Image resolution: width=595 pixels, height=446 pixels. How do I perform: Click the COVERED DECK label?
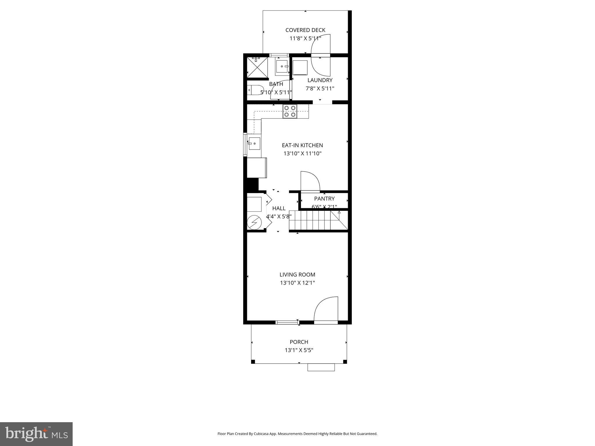pos(305,30)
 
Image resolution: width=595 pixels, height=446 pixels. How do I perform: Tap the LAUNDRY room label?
pos(320,80)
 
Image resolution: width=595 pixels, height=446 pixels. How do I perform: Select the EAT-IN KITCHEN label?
pos(302,145)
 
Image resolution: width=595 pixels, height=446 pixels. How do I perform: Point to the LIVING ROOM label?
pos(297,274)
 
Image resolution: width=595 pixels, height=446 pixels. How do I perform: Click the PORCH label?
pos(299,342)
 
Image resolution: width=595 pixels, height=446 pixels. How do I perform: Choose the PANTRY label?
pos(324,199)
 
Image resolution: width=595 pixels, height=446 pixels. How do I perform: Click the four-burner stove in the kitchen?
pos(290,111)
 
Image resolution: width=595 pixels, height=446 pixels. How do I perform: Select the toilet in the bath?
pos(255,90)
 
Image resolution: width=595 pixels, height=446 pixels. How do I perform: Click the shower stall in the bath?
pos(257,68)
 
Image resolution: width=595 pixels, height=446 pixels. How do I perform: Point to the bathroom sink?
pos(282,66)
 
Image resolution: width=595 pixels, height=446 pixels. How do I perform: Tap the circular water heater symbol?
pos(254,223)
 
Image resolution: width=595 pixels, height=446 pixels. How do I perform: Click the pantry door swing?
pos(310,181)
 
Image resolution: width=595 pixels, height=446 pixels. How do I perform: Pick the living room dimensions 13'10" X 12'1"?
pos(297,283)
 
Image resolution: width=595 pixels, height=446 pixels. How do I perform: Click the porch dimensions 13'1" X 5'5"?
pos(299,350)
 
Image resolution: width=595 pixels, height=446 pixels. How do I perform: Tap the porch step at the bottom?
pos(321,368)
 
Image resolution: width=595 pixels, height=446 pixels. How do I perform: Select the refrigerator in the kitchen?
pos(257,168)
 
